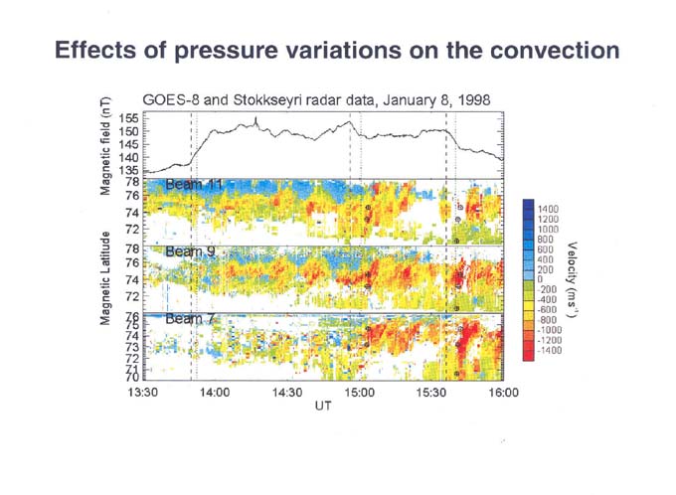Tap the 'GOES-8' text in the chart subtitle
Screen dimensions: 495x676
[x=172, y=100]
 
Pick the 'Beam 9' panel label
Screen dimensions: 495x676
[x=189, y=252]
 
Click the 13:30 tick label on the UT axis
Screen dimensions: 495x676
[x=144, y=394]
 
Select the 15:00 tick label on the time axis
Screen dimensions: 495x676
[x=360, y=394]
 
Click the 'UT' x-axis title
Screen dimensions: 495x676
[x=323, y=407]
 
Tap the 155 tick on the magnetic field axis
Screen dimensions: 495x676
[x=129, y=118]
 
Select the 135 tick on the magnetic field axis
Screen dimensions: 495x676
[x=129, y=170]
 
